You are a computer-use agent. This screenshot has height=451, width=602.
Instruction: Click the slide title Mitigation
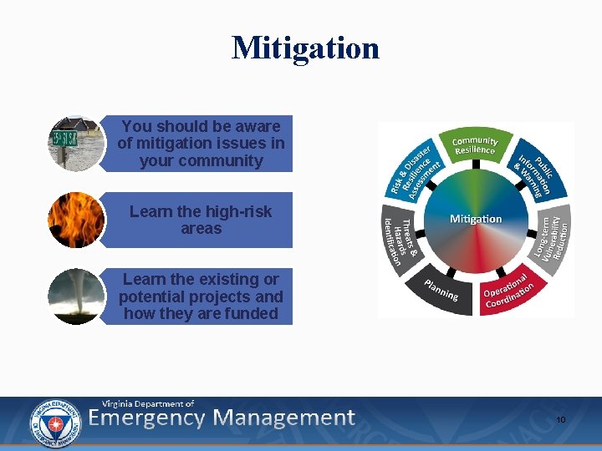click(305, 48)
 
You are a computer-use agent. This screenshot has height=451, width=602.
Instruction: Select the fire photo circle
click(76, 220)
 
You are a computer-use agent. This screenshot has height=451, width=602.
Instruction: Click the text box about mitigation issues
click(201, 144)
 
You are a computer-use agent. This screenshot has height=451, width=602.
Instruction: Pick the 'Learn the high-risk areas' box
click(201, 220)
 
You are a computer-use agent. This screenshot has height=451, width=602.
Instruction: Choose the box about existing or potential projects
click(201, 296)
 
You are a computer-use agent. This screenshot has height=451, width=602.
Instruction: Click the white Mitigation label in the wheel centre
click(476, 219)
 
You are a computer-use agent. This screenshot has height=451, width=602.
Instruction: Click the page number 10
click(561, 420)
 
